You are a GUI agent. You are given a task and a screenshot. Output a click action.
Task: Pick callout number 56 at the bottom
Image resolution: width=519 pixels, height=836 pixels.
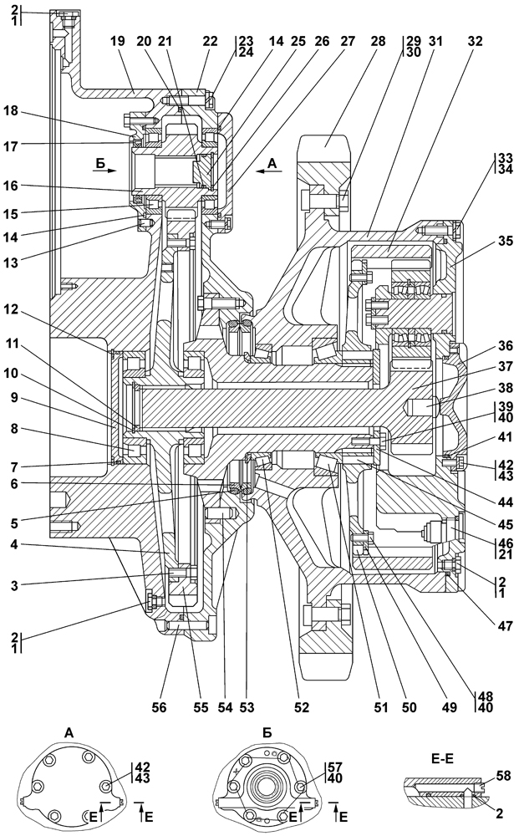click(x=158, y=707)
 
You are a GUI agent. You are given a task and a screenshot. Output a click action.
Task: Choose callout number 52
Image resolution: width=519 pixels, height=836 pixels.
click(x=301, y=707)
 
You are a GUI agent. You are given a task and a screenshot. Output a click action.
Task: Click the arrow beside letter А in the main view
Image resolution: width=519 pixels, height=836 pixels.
click(x=268, y=168)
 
